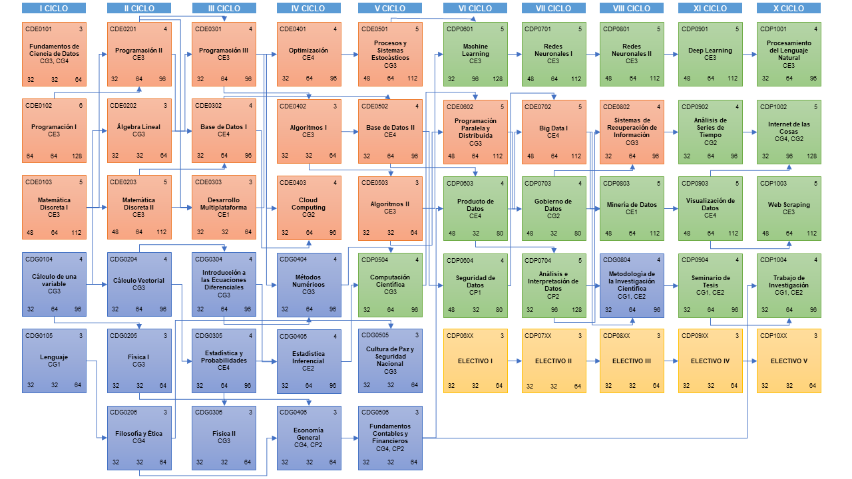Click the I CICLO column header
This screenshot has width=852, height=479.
coord(54,9)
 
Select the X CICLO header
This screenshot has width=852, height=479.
coord(788,9)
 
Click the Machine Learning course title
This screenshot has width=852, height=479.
coord(475,51)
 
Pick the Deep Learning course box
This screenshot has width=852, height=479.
coord(710,53)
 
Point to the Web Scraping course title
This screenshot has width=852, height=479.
coord(789,205)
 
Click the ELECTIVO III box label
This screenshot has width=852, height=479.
coord(632,361)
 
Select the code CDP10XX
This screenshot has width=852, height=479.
coord(773,336)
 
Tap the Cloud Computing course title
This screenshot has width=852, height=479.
coord(308,204)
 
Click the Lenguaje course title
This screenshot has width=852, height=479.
coord(54,357)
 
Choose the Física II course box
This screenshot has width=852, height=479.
coord(224,436)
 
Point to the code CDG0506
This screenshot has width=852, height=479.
coord(374,412)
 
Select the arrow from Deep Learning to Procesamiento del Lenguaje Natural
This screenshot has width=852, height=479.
coord(749,54)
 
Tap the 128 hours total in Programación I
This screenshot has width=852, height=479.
coord(77,156)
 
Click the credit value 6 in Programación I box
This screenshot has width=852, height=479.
coord(81,106)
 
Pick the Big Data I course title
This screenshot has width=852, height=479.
coord(553,128)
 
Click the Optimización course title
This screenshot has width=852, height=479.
coord(308,51)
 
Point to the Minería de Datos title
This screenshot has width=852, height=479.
coord(632,205)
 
